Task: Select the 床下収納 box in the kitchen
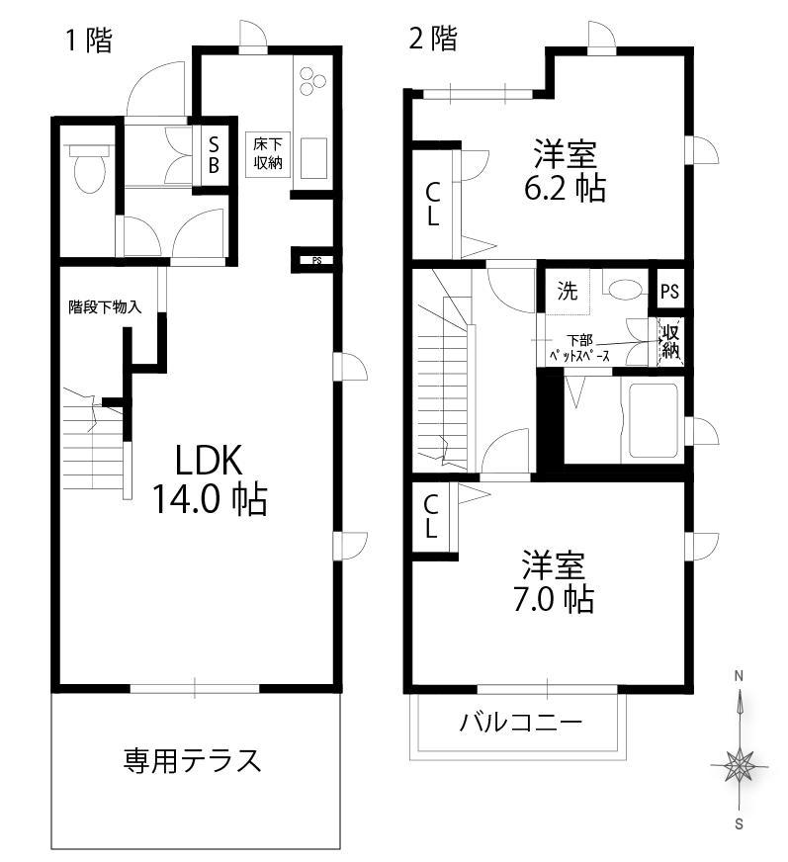click(268, 154)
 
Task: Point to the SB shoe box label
click(214, 155)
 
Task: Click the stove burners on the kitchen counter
click(311, 80)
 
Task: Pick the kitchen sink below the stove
click(313, 158)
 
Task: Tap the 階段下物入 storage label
click(105, 306)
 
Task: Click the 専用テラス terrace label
click(192, 760)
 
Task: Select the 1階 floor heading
click(89, 40)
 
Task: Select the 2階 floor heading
click(433, 39)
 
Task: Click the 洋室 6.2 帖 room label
click(565, 171)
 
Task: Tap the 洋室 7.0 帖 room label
click(554, 581)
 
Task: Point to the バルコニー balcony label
click(521, 722)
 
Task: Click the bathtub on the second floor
click(654, 420)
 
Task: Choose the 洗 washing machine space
click(568, 291)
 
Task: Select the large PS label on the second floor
click(669, 291)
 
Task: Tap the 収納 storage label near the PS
click(670, 341)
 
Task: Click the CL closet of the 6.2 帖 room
click(433, 204)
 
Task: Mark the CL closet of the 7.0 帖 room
click(431, 516)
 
